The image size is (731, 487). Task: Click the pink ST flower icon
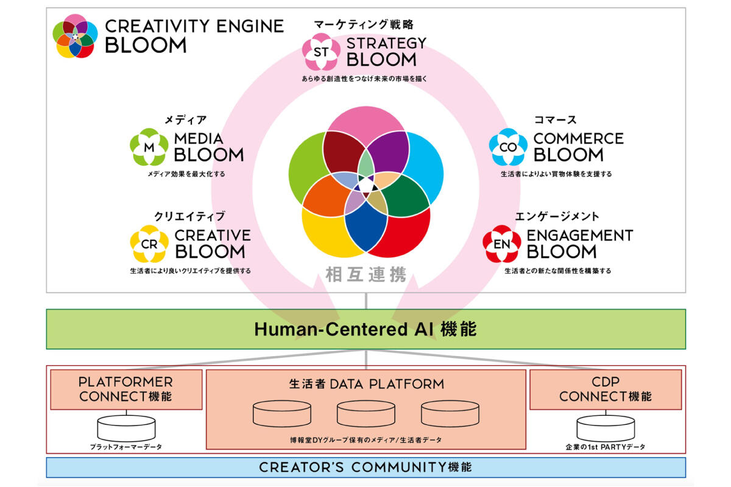[321, 52]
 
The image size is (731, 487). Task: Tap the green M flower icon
[149, 147]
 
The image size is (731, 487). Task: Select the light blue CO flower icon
[508, 147]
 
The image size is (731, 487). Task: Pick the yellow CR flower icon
[149, 244]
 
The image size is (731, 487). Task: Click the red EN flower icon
[502, 244]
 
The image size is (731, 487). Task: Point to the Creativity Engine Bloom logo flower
[75, 36]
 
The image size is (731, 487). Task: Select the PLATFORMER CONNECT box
[126, 390]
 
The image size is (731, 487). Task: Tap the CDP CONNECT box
[606, 390]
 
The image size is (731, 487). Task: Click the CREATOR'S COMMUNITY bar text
[365, 467]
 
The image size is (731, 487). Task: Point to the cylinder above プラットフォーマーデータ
[126, 429]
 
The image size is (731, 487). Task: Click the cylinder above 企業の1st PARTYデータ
[606, 429]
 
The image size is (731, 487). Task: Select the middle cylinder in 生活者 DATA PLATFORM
[366, 414]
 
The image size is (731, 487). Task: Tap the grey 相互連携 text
[366, 275]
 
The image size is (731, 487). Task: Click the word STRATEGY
[386, 43]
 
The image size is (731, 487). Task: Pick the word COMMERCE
[578, 139]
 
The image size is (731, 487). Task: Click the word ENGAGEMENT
[580, 236]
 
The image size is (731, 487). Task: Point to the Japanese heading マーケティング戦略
[364, 24]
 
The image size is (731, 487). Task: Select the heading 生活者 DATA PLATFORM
[367, 384]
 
